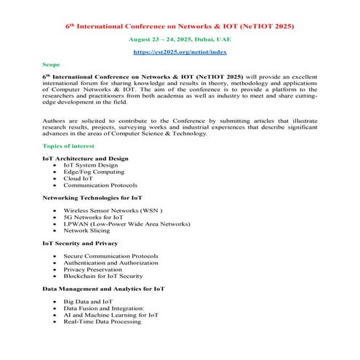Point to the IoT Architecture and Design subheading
[x=85, y=158]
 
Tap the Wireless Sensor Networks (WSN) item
[x=113, y=210]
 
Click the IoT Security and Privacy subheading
[x=80, y=243]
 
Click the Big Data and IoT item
[x=88, y=301]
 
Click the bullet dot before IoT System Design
[x=55, y=165]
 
